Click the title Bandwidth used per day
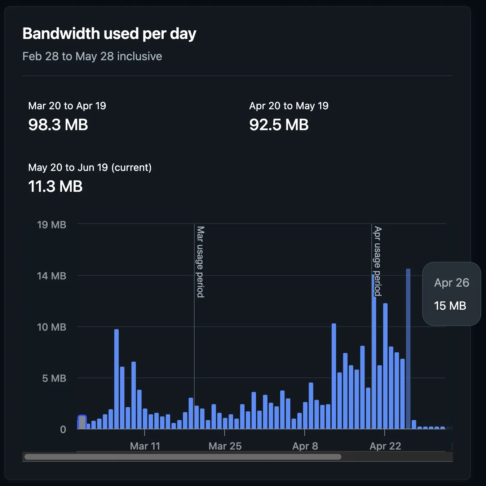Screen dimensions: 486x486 pos(109,34)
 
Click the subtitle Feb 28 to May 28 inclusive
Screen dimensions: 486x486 pos(92,56)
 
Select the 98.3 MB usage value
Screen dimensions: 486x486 pos(58,125)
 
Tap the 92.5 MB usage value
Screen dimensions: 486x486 pos(279,125)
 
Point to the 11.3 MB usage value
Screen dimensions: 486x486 pos(56,186)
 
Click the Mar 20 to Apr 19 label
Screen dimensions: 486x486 pos(67,106)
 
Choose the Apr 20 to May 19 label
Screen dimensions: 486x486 pos(289,106)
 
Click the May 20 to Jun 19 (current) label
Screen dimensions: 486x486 pos(90,167)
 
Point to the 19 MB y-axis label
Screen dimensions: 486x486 pos(52,225)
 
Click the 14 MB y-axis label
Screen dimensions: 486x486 pos(52,276)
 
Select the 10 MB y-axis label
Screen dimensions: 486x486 pos(52,327)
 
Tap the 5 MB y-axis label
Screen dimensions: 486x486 pos(54,378)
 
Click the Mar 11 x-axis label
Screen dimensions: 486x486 pos(145,446)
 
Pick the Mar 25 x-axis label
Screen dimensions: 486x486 pos(225,446)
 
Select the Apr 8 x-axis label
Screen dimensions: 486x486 pos(305,446)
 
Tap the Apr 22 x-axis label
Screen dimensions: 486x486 pos(385,446)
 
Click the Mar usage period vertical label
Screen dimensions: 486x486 pos(200,262)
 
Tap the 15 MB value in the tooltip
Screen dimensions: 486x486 pos(450,306)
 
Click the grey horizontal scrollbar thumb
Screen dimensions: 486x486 pos(183,457)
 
